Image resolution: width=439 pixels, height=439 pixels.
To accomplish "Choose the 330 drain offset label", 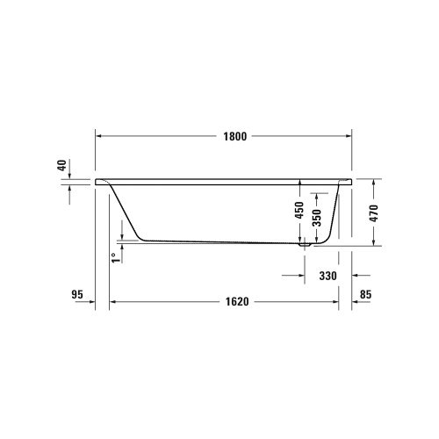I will pos(327,276).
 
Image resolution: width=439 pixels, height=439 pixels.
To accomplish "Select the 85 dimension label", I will pos(365,295).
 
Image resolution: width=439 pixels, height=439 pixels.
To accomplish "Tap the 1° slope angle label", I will pos(113,257).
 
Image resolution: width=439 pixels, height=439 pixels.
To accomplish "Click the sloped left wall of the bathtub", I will pos(123,211).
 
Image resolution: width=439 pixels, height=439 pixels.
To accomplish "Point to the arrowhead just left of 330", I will pos(299,276).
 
